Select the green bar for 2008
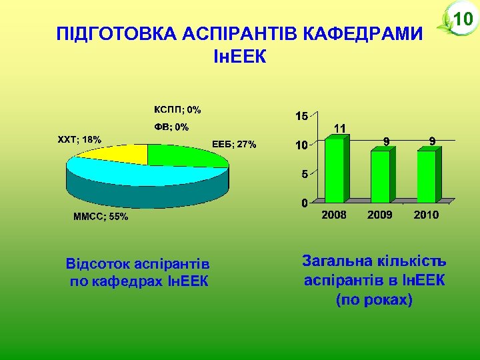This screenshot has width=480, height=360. click(335, 169)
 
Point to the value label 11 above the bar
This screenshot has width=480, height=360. click(339, 127)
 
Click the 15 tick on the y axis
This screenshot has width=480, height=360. click(301, 116)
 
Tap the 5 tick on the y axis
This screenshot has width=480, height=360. click(304, 174)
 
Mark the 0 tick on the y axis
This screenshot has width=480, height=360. click(304, 203)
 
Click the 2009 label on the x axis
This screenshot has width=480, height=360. click(380, 215)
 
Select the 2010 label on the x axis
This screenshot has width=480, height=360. click(426, 215)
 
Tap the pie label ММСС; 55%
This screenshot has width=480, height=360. click(100, 217)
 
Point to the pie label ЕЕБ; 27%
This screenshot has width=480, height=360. click(233, 145)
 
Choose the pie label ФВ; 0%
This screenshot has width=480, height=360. click(172, 127)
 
